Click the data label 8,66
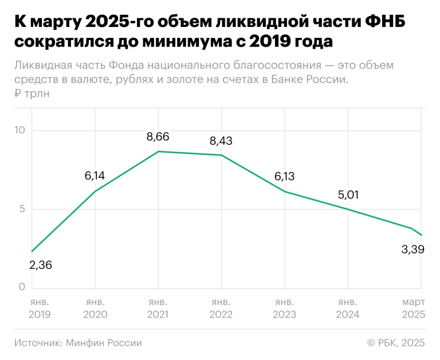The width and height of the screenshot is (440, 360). [x=158, y=137]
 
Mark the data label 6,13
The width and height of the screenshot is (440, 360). [x=284, y=177]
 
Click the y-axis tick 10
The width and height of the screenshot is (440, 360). [x=20, y=131]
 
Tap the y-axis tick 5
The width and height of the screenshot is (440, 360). [x=22, y=209]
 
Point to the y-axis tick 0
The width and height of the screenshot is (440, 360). [x=22, y=287]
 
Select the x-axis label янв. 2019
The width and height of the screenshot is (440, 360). [x=39, y=308]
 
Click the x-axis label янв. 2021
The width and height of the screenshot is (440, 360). [x=158, y=308]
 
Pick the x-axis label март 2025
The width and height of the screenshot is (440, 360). [x=412, y=308]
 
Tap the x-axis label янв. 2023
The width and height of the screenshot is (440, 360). [x=284, y=308]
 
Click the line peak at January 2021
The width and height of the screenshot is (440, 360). [x=158, y=151]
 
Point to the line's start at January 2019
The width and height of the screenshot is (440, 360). [x=32, y=251]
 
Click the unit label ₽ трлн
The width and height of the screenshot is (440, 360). [x=32, y=93]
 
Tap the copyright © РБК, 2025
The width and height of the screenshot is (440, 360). [x=396, y=343]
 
